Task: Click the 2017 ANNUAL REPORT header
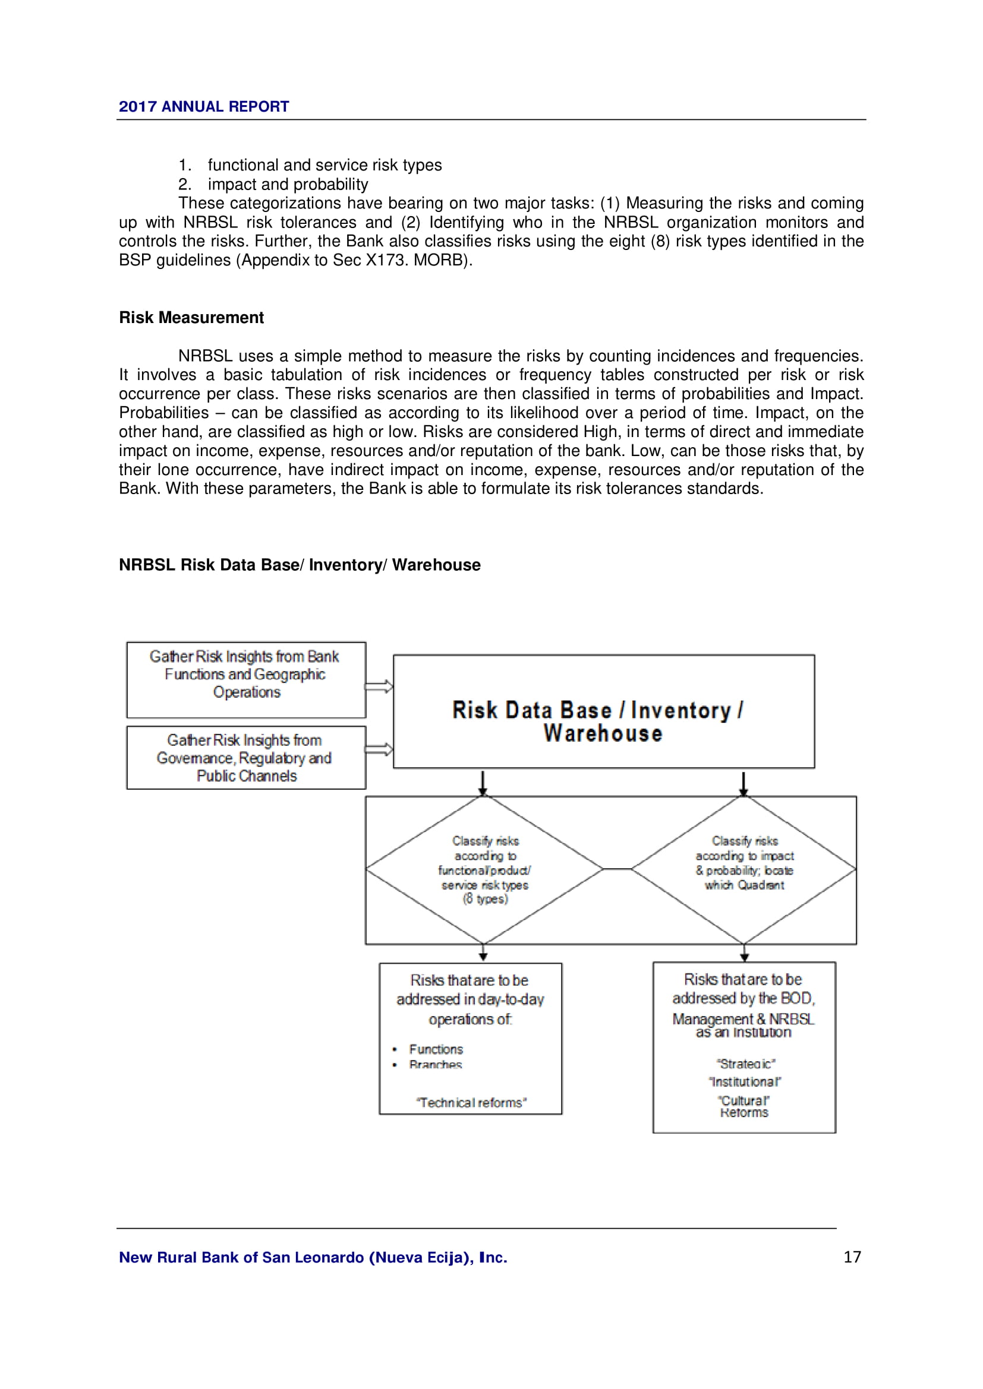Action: [x=203, y=106]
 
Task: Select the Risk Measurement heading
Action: [x=191, y=318]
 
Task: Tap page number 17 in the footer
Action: [x=852, y=1257]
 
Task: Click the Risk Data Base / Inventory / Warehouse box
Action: [x=603, y=711]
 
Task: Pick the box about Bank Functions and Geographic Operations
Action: [x=246, y=679]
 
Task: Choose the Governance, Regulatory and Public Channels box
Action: [x=246, y=758]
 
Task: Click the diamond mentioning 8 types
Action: [x=484, y=869]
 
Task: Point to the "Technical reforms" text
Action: [x=471, y=1103]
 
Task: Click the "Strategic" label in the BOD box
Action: [x=745, y=1064]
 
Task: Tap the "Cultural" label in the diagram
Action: [x=744, y=1100]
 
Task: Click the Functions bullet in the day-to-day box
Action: [x=435, y=1049]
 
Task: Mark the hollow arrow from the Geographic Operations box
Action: [x=379, y=686]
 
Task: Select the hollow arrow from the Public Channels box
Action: [x=379, y=750]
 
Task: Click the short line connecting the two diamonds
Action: [x=617, y=869]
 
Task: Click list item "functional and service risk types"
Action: [x=324, y=165]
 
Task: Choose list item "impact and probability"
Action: [x=288, y=185]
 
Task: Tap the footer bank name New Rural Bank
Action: [x=313, y=1258]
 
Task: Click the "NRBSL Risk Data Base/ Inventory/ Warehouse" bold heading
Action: [x=300, y=565]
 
